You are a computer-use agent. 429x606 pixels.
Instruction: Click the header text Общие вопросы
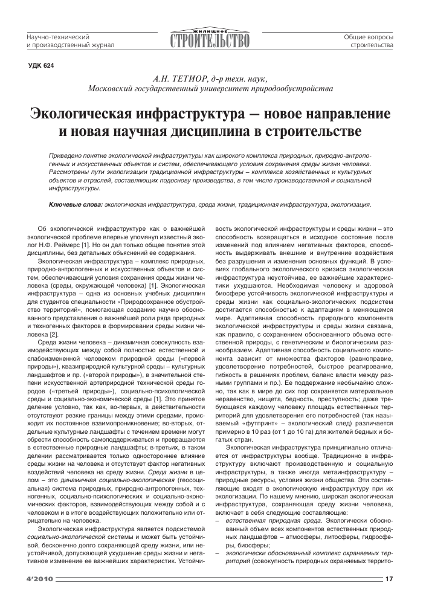[x=369, y=37]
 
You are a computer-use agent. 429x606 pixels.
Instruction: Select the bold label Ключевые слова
[x=76, y=205]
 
